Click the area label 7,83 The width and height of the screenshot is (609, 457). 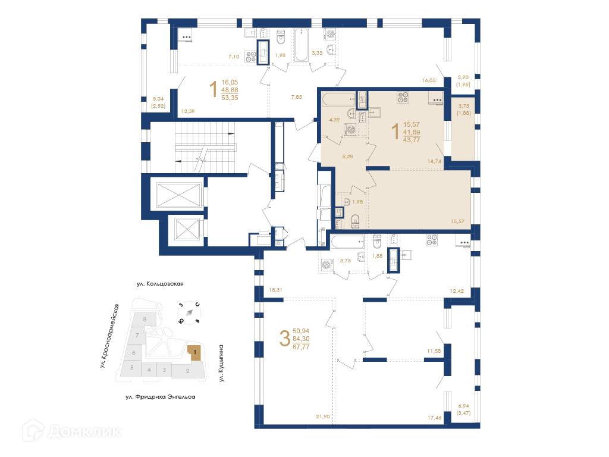[296, 97]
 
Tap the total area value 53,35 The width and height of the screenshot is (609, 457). [230, 98]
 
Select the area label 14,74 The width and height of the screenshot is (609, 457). [434, 161]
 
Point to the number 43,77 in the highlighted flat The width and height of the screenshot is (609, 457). [412, 140]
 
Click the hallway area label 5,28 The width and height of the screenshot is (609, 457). [347, 156]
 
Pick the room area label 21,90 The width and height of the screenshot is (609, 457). [323, 417]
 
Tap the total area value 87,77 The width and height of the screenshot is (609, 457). [301, 347]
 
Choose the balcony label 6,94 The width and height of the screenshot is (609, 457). [463, 406]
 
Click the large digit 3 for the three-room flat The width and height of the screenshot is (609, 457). [285, 339]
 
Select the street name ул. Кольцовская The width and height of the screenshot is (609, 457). [160, 284]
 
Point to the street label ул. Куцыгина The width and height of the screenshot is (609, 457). [221, 363]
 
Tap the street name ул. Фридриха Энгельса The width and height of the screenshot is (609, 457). [161, 397]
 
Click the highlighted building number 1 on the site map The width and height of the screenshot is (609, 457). [195, 352]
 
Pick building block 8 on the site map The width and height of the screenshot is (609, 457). [145, 320]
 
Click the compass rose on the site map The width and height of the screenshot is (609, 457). [189, 312]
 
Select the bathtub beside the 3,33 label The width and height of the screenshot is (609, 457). [301, 45]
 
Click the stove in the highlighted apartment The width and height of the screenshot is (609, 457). [403, 97]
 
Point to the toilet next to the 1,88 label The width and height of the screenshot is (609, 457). [376, 241]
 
